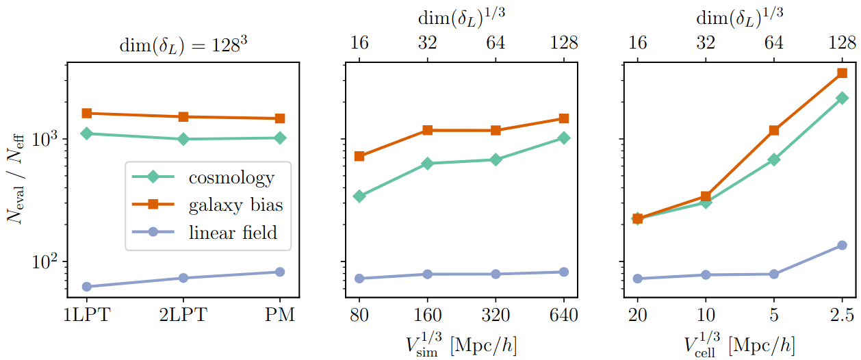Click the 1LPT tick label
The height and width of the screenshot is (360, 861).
[x=86, y=316]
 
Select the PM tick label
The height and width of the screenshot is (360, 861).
[x=280, y=316]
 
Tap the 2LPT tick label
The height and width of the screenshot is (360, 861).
[x=183, y=316]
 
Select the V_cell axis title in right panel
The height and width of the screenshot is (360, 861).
[x=739, y=341]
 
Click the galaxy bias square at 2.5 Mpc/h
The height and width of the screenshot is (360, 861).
[x=842, y=73]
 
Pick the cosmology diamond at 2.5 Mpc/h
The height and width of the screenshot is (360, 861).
[x=842, y=99]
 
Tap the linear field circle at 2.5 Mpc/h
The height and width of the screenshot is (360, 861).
[x=842, y=245]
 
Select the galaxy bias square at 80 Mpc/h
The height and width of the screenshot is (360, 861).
[x=359, y=156]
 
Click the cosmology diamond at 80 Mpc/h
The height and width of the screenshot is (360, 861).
[x=359, y=196]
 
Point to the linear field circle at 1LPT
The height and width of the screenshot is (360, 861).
[x=86, y=286]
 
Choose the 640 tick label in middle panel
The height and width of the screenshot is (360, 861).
[x=563, y=316]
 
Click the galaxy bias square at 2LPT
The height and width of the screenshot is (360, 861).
[x=183, y=116]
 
